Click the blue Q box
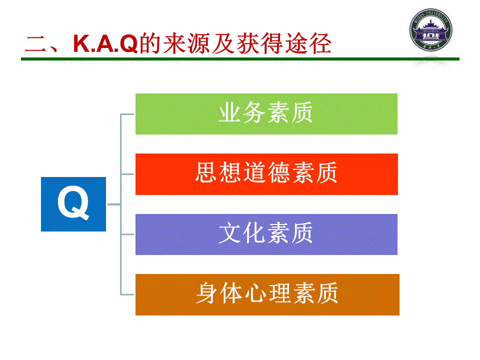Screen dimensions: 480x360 click(x=73, y=204)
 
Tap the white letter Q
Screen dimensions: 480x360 click(x=73, y=203)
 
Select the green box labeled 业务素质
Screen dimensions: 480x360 click(x=266, y=114)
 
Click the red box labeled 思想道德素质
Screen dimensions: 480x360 click(x=266, y=174)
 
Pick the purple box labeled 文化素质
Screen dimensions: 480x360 click(x=266, y=234)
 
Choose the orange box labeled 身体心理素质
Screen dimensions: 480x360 click(x=267, y=294)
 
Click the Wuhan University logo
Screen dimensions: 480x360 click(x=430, y=30)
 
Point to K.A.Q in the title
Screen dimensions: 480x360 click(x=105, y=43)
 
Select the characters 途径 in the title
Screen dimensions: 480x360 click(x=308, y=43)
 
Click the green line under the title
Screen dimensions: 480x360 click(x=240, y=59)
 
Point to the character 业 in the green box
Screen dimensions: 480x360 click(x=229, y=112)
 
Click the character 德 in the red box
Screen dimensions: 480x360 click(x=278, y=172)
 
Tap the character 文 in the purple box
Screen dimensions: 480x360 click(x=229, y=233)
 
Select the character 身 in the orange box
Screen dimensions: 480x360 click(x=207, y=293)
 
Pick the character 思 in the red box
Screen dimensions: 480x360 click(x=206, y=172)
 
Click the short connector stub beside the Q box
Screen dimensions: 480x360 click(x=113, y=204)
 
